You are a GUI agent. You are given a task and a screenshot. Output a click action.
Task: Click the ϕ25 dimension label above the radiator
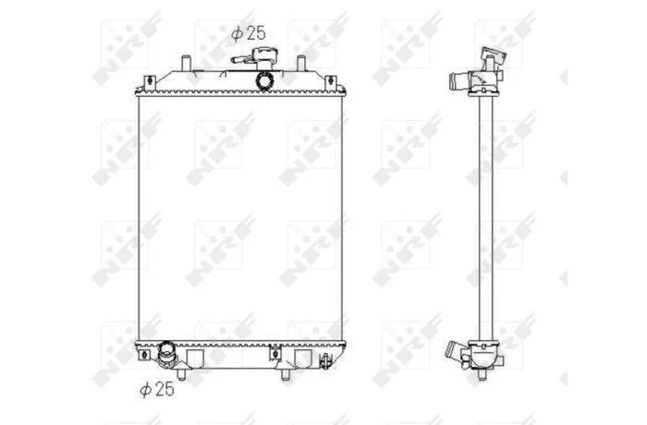click(x=248, y=33)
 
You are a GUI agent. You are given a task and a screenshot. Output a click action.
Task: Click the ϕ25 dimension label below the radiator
click(x=157, y=389)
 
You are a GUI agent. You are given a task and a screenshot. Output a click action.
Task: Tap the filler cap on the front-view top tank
click(x=262, y=58)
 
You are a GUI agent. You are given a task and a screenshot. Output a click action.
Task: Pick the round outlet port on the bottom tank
click(x=167, y=353)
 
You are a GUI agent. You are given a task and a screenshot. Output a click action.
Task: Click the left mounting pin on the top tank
click(x=186, y=64)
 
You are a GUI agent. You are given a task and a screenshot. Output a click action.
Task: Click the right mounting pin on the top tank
click(x=301, y=64)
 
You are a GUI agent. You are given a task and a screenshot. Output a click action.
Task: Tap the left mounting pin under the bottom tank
click(x=181, y=374)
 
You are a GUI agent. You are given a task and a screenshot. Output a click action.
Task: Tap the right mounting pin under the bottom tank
click(x=285, y=375)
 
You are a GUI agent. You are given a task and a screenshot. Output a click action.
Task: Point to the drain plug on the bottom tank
click(x=325, y=360)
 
